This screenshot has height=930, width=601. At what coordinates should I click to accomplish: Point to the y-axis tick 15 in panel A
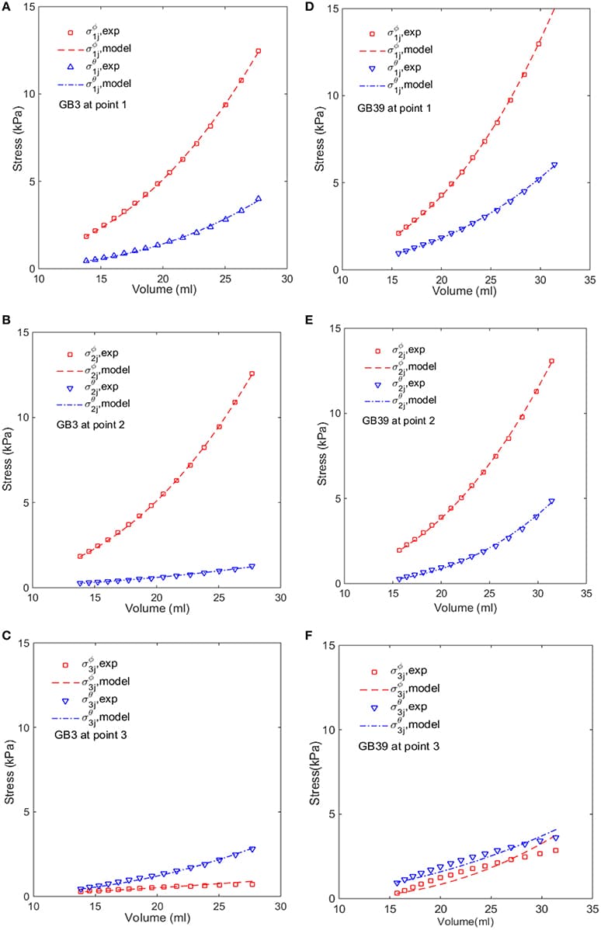point(23,7)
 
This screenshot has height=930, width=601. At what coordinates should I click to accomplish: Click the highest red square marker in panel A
point(258,51)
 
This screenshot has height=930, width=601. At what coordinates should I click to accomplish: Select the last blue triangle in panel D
point(554,165)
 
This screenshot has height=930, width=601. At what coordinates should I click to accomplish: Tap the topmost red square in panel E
point(552,361)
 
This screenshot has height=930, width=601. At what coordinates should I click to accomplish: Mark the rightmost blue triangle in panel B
point(252,567)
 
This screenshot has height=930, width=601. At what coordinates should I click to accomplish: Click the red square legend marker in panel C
point(65,665)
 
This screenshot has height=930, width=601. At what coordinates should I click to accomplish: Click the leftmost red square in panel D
point(398,233)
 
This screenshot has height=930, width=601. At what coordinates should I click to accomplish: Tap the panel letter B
point(6,318)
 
